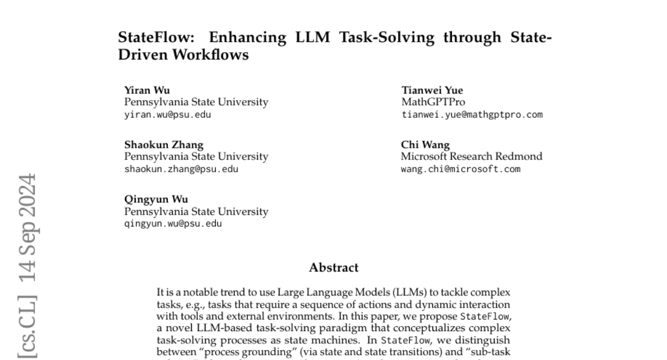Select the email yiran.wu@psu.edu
167,115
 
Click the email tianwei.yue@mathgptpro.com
471,115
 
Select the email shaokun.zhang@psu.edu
181,169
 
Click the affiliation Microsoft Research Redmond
471,157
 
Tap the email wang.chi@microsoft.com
460,169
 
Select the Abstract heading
333,268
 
